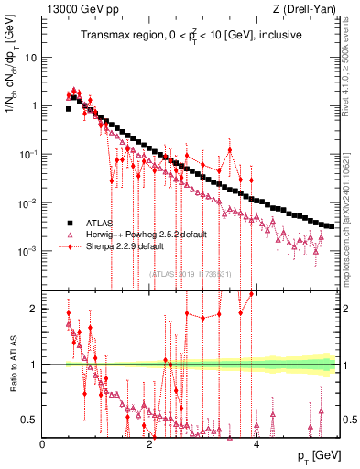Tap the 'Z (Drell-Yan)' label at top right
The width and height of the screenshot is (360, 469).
[309, 10]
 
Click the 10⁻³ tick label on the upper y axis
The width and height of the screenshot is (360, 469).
[28, 251]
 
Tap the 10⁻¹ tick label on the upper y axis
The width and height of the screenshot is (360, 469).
[28, 154]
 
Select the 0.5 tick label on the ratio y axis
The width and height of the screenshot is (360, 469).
[31, 420]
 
